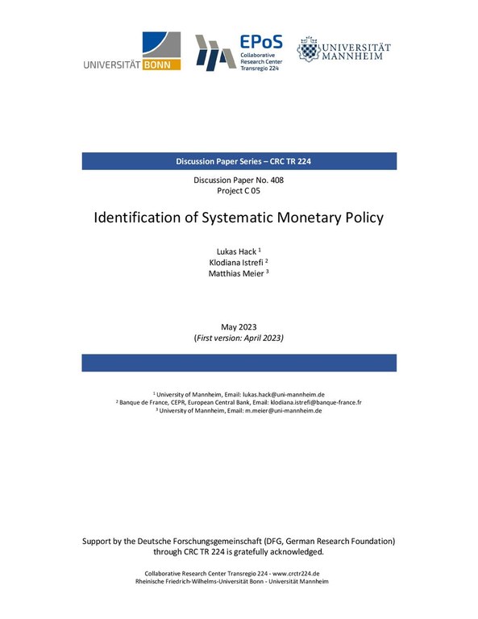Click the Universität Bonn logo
coord(131,52)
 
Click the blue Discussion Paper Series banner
coord(239,161)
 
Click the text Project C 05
coord(239,191)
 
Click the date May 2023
coord(239,326)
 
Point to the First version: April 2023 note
coord(239,339)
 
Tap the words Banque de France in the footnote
coord(145,401)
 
